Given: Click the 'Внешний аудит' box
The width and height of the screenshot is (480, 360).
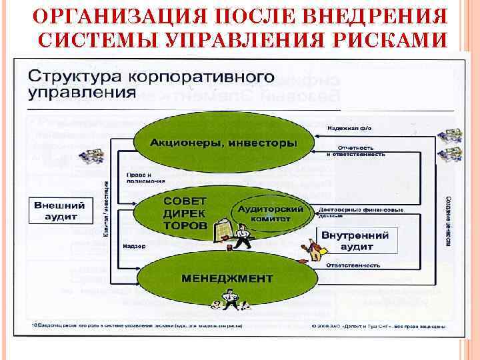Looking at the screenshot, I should (x=56, y=211).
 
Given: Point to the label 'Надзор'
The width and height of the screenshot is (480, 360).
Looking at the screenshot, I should (x=130, y=246).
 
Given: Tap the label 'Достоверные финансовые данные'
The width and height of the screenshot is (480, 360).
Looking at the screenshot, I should (x=360, y=212).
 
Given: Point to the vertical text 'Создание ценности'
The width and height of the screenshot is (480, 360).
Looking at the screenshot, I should (x=447, y=220).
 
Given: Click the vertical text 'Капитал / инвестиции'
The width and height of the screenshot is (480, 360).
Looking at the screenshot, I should (x=107, y=210).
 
